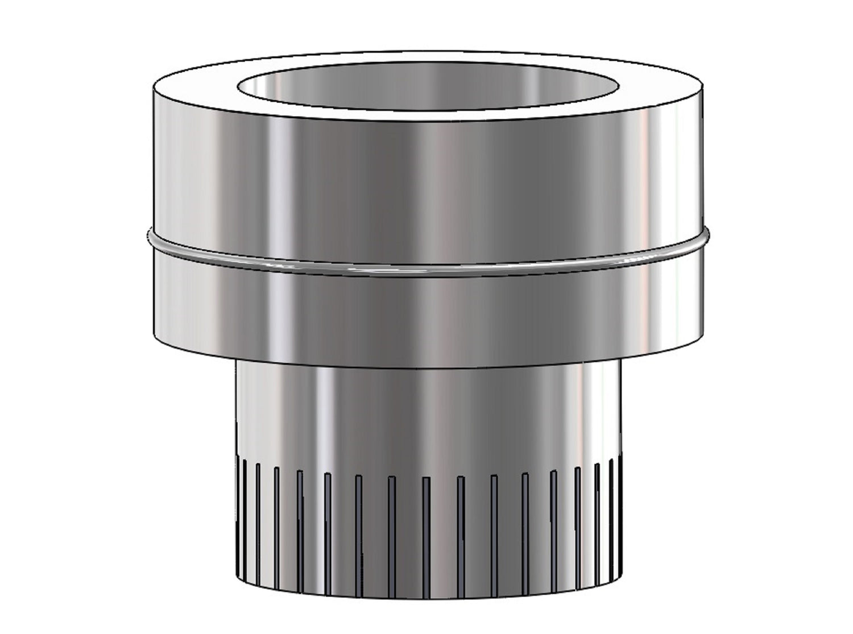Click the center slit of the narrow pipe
click(x=426, y=512)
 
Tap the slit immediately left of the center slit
click(x=392, y=512)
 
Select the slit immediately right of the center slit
click(x=460, y=512)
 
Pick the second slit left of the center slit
click(x=358, y=512)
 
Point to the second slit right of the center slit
click(x=494, y=512)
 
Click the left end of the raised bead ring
click(x=149, y=233)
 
